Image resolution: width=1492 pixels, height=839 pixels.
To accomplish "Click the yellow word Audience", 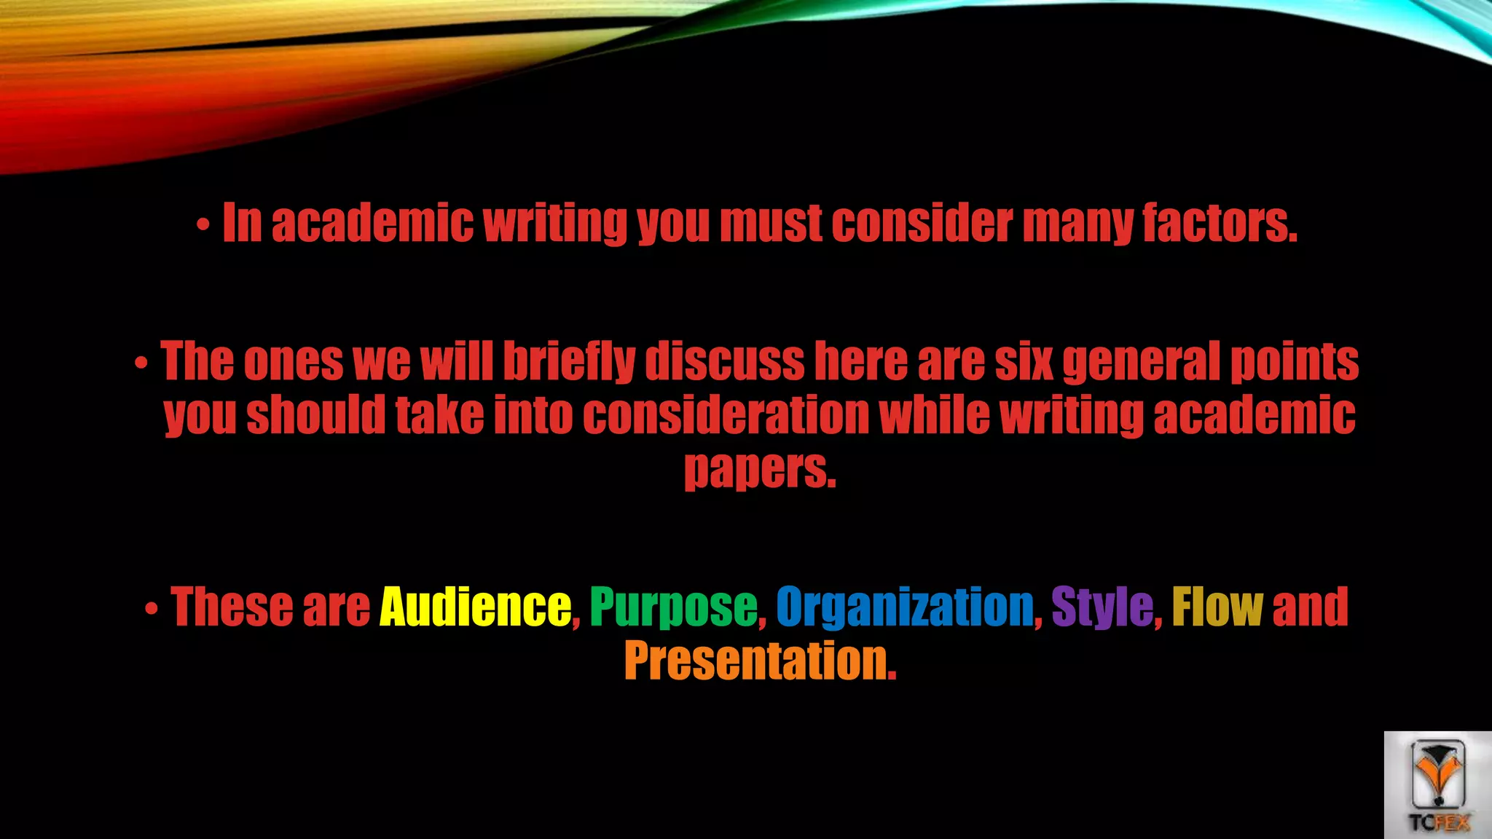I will pyautogui.click(x=475, y=607).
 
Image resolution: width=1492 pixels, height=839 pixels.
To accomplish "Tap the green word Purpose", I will pyautogui.click(x=673, y=607).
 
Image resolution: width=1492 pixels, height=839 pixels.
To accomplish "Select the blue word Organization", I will pyautogui.click(x=905, y=607).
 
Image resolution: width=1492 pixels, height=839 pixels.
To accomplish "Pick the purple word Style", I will pyautogui.click(x=1102, y=607).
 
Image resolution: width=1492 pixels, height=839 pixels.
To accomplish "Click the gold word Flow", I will pyautogui.click(x=1217, y=607).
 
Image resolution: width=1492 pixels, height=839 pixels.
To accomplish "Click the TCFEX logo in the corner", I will pyautogui.click(x=1437, y=785).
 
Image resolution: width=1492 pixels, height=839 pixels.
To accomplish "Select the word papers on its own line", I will pyautogui.click(x=760, y=470).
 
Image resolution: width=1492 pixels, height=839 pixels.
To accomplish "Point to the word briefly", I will pyautogui.click(x=568, y=361).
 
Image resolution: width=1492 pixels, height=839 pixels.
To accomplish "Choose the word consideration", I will pyautogui.click(x=726, y=416).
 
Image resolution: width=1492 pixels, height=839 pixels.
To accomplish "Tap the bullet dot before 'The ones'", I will pyautogui.click(x=141, y=364).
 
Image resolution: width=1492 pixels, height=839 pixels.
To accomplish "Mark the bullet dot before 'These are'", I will pyautogui.click(x=151, y=609).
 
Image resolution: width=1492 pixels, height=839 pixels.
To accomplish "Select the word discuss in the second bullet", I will pyautogui.click(x=724, y=361).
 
